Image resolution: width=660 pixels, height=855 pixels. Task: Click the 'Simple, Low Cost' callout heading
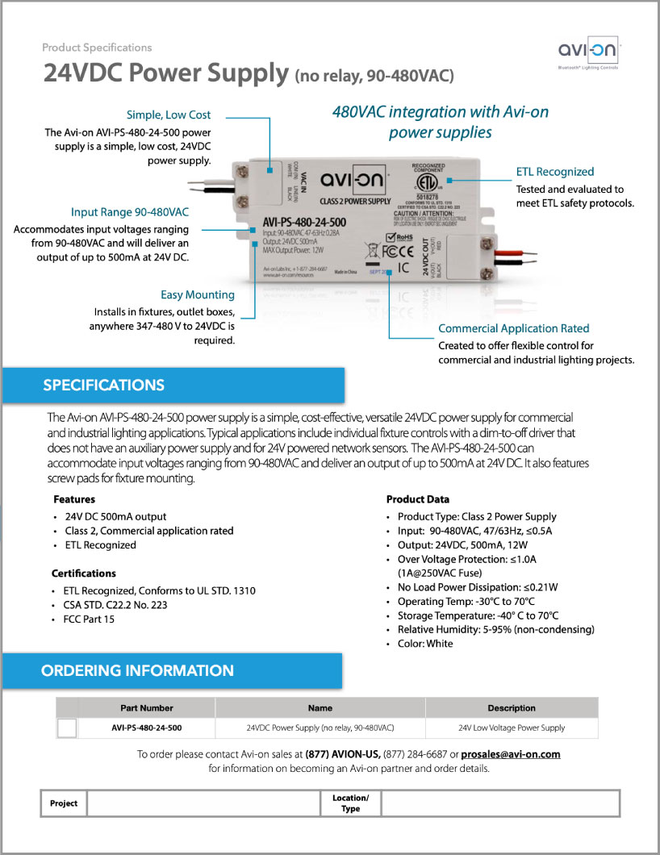pos(169,115)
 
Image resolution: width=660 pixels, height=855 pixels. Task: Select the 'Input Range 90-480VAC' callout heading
pos(130,212)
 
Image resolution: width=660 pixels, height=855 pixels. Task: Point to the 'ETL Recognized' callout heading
pos(555,172)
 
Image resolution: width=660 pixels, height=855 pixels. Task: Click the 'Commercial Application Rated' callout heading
pos(513,328)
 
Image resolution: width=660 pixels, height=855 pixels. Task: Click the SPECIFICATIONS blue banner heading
pos(103,385)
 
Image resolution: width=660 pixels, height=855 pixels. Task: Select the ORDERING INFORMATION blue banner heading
pos(137,670)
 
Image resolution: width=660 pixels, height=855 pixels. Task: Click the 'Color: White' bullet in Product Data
pos(425,644)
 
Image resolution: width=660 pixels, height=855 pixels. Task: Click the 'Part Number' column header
pos(147,708)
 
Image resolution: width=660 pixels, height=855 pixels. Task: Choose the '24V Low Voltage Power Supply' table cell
pos(512,728)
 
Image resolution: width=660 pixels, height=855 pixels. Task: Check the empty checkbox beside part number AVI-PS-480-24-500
pos(68,728)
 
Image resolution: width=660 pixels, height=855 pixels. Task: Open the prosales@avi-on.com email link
pos(512,754)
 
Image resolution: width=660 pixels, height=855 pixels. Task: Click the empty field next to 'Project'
pos(203,803)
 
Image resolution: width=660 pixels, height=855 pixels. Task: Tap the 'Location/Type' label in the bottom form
pos(350,803)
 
